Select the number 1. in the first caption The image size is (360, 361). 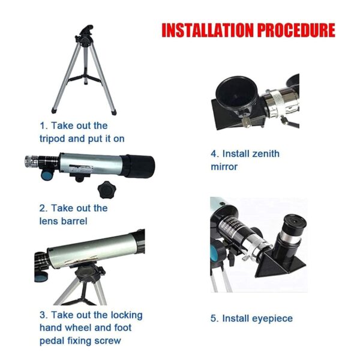[43, 126]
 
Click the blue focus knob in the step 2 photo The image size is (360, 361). [46, 175]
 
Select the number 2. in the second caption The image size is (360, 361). [43, 208]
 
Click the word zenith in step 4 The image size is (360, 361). [262, 154]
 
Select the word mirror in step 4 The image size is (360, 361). [224, 166]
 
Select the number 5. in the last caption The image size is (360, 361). [214, 318]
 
